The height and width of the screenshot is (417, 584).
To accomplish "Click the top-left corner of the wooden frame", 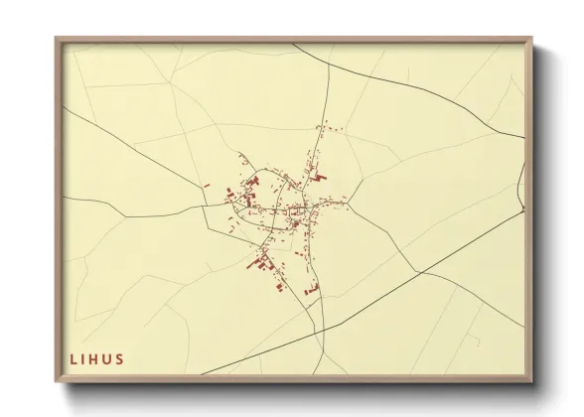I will (57, 39).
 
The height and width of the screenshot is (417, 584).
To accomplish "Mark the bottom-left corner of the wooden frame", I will (57, 381).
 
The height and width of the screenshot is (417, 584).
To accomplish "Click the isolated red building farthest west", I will (206, 186).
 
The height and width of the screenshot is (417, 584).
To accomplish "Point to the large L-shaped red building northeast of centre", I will (320, 177).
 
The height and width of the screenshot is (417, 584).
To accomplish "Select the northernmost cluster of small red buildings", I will (322, 127).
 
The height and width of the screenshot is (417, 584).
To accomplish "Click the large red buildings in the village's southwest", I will (263, 263).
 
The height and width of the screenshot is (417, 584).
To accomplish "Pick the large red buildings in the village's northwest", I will (248, 187).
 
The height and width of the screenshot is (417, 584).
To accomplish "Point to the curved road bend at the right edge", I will (519, 184).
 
